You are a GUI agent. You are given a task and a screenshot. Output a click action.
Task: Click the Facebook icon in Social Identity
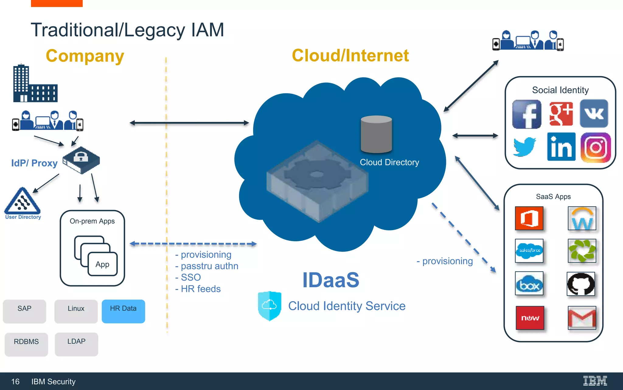[x=527, y=114]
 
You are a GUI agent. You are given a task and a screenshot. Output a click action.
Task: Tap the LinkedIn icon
[x=561, y=147]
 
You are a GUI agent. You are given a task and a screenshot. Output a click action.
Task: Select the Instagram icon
[x=595, y=147]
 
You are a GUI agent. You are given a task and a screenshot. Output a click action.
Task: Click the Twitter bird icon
[x=524, y=147]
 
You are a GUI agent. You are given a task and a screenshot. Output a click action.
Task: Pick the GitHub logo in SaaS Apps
[x=581, y=284]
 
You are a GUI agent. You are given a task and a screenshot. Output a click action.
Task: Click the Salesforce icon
[x=529, y=251]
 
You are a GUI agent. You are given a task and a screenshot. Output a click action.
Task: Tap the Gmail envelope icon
[x=582, y=318]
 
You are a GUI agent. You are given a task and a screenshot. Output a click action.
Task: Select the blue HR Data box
[x=123, y=311]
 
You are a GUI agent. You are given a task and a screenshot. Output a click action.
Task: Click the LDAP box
[x=76, y=344]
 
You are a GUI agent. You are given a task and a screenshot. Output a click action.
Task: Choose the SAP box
[x=24, y=311]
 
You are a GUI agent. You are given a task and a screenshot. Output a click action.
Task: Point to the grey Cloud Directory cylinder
[x=376, y=134]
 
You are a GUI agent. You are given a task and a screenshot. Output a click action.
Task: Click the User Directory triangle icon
[x=23, y=202]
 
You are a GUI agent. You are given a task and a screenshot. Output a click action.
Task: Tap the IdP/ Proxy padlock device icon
[x=81, y=160]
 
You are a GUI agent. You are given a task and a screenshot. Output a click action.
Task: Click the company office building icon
[x=35, y=84]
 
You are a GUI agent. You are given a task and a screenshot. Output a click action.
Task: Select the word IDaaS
[x=331, y=280]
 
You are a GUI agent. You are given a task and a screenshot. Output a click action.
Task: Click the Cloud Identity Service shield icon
[x=269, y=306]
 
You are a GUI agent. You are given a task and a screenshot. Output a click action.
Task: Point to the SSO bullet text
[x=191, y=277]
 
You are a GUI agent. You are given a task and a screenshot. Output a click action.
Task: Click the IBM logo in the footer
[x=595, y=381]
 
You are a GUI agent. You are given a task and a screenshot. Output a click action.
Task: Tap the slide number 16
[x=15, y=381]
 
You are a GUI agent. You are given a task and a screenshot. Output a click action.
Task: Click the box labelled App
[x=103, y=264]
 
